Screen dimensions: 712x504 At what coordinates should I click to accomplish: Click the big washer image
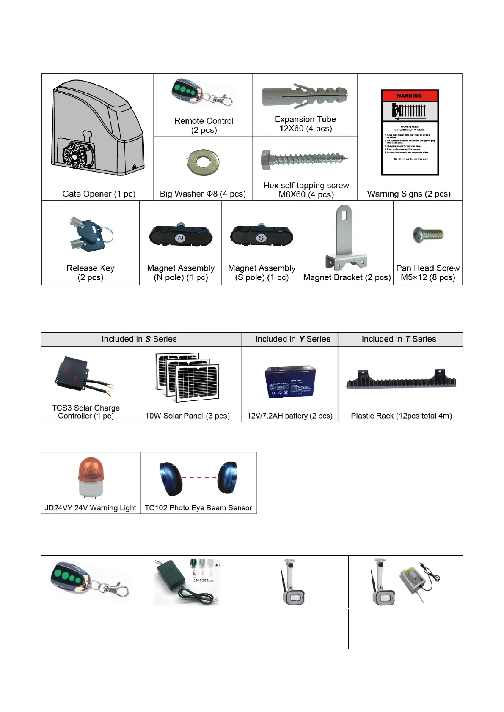click(x=203, y=162)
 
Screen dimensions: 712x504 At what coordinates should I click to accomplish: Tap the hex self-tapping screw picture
click(x=304, y=160)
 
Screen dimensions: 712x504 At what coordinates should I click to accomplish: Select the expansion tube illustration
click(x=305, y=96)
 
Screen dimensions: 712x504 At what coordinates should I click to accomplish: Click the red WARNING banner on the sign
click(x=410, y=96)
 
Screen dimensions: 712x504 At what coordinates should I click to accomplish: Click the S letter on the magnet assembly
click(x=261, y=238)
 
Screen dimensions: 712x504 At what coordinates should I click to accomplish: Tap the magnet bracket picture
click(x=346, y=239)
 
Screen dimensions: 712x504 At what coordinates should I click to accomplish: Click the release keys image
click(x=90, y=235)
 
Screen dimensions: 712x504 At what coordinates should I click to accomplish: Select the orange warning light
click(x=91, y=477)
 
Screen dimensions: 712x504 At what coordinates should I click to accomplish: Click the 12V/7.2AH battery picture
click(x=290, y=382)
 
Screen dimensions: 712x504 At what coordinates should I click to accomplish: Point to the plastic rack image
click(x=401, y=380)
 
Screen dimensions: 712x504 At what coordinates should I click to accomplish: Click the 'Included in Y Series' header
click(x=292, y=339)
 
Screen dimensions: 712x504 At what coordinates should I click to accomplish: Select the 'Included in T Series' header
click(x=399, y=339)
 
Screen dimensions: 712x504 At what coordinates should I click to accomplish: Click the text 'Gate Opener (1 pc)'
click(x=99, y=194)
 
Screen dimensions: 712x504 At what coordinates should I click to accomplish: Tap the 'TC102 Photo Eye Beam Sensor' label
click(x=198, y=508)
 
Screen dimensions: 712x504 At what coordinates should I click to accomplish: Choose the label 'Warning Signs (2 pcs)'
click(x=409, y=194)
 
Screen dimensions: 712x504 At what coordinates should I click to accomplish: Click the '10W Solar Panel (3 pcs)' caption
click(x=187, y=416)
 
